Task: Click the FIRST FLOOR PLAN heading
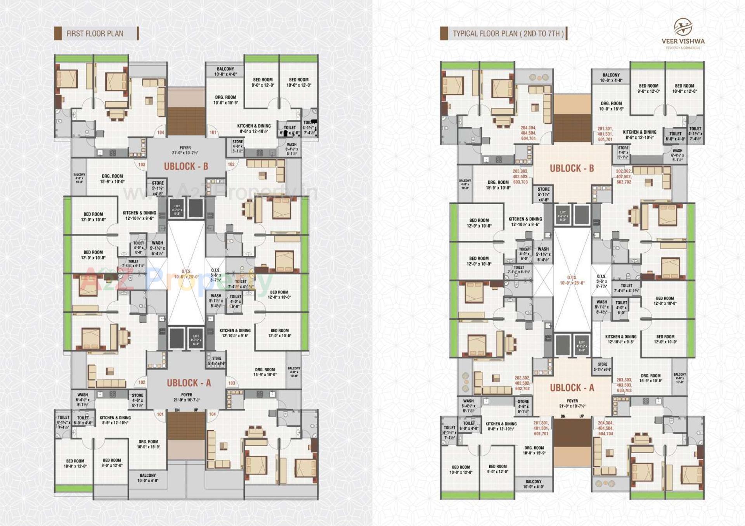pyautogui.click(x=95, y=34)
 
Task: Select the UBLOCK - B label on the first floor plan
pyautogui.click(x=186, y=167)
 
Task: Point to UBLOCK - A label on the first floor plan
pyautogui.click(x=189, y=383)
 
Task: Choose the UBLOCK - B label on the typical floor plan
pyautogui.click(x=572, y=169)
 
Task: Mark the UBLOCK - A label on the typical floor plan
pyautogui.click(x=572, y=388)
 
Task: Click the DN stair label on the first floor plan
pyautogui.click(x=177, y=410)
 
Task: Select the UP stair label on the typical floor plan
pyautogui.click(x=582, y=416)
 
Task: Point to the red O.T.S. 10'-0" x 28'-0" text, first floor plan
pyautogui.click(x=186, y=274)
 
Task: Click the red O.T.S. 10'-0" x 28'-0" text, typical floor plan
pyautogui.click(x=572, y=280)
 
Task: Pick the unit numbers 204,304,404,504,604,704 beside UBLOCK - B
pyautogui.click(x=528, y=133)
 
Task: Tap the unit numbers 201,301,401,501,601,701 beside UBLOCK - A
pyautogui.click(x=541, y=428)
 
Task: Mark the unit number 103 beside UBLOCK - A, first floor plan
pyautogui.click(x=232, y=383)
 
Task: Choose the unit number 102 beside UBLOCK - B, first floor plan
pyautogui.click(x=231, y=164)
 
